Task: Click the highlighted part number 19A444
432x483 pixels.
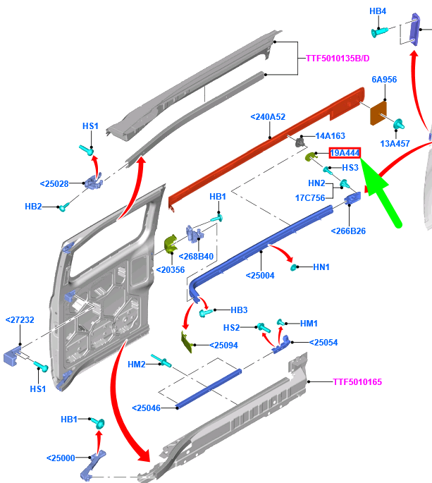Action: pos(345,153)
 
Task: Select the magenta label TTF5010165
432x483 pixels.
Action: pos(359,381)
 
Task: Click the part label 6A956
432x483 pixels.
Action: pos(384,80)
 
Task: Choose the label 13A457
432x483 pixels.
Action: pos(395,143)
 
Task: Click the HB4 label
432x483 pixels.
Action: pos(378,11)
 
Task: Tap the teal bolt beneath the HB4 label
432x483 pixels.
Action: pos(380,32)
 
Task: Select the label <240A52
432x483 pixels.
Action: pos(268,117)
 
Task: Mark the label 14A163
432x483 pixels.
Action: pos(330,135)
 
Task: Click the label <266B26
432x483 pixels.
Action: pos(348,231)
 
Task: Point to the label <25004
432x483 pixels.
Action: pos(259,276)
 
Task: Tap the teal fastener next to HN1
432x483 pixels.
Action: pos(296,267)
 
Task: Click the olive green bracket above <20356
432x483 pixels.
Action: pos(169,245)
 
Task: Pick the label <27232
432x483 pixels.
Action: pos(20,319)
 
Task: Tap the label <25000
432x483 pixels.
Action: pos(61,458)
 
